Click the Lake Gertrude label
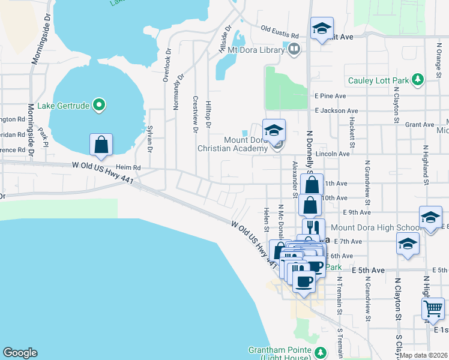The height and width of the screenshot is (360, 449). coord(64,106)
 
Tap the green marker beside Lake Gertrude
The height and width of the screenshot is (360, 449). coord(100,106)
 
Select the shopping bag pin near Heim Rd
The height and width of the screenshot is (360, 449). coord(101,146)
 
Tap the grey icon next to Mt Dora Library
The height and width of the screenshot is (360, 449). coord(294,50)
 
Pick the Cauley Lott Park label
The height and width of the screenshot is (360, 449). coord(378,80)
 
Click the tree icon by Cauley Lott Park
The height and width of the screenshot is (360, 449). coord(418,79)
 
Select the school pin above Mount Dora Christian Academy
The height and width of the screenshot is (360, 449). coord(274,131)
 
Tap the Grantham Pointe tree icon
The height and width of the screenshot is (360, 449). coord(321,351)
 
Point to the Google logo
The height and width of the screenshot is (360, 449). coord(20,353)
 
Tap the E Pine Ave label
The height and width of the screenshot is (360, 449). coord(330,96)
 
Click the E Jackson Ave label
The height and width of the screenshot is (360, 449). coord(336,111)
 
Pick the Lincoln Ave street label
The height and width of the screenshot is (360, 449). coord(336,154)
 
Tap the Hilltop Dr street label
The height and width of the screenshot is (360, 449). coord(208,114)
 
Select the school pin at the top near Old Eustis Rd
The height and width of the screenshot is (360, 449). coord(322,28)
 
